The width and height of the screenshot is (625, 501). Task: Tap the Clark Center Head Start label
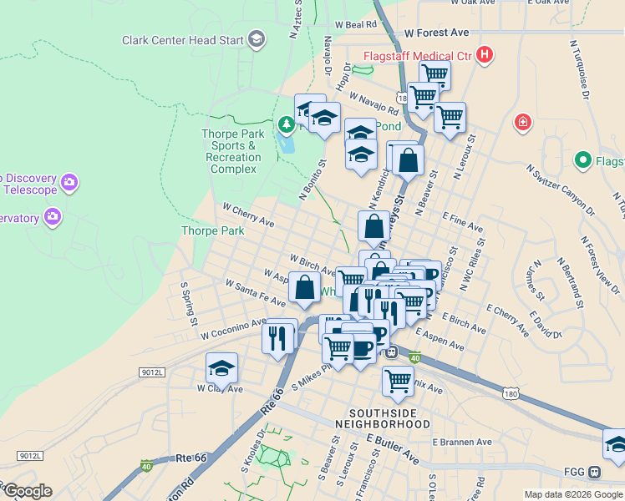[x=182, y=39]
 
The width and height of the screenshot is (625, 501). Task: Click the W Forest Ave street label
[x=436, y=33]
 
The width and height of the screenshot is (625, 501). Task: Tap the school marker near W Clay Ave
[x=221, y=367]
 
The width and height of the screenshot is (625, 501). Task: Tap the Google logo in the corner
[x=27, y=491]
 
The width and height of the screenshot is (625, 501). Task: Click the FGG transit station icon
[x=594, y=473]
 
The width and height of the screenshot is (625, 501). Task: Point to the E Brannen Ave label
[x=462, y=442]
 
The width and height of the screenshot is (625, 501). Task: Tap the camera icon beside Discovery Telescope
[x=69, y=181]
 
